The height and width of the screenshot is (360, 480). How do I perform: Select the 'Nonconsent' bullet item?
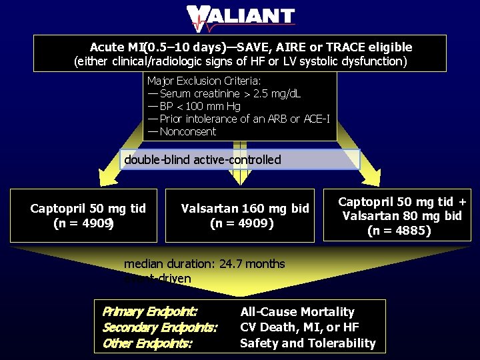187,131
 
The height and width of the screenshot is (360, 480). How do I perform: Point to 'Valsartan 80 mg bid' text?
401,216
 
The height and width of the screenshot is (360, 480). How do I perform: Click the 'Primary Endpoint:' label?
150,312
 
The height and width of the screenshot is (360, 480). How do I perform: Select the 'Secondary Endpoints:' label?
160,327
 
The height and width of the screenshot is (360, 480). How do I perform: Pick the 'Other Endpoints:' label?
147,343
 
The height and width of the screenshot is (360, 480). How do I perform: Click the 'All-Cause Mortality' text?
297,312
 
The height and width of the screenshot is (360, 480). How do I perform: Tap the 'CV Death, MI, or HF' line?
299,327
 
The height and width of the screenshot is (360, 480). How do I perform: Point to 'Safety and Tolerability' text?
308,343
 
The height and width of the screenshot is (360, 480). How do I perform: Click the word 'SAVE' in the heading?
253,47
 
